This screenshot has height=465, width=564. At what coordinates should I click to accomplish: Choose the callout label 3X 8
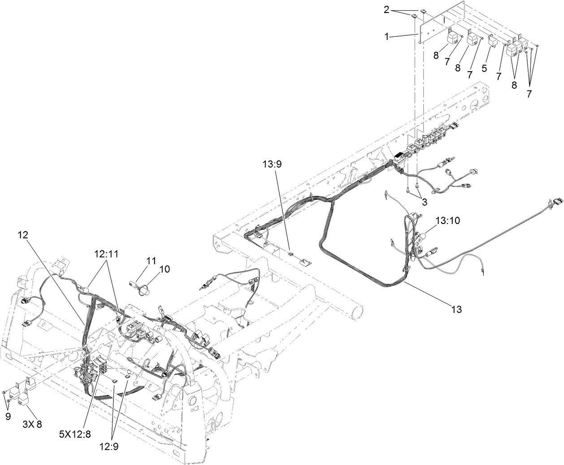(32, 424)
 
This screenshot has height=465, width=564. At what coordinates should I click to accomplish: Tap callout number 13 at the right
(456, 309)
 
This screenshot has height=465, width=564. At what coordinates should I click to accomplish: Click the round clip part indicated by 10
(143, 290)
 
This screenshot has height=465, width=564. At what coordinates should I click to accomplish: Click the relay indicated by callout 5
(492, 41)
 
